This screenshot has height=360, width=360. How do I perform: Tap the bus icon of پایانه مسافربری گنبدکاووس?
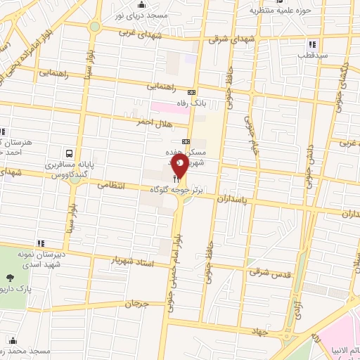coord(69,153)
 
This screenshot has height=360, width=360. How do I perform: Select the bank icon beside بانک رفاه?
coord(191,93)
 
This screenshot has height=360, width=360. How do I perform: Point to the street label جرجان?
coord(138,304)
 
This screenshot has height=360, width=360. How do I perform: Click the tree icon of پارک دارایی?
coord(8,279)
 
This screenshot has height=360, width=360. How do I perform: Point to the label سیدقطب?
coord(311,54)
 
